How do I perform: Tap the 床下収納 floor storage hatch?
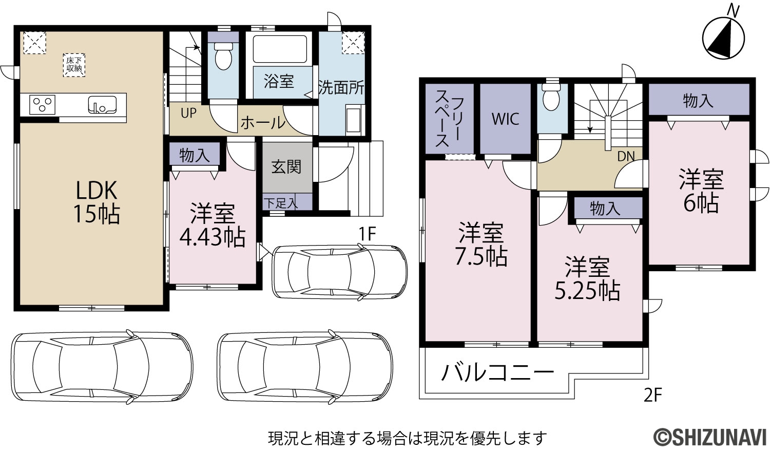tap(74, 65)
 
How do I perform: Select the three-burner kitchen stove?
tap(42, 104)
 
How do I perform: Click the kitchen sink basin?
tap(102, 105)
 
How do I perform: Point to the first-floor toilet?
tap(223, 55)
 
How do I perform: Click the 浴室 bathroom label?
tap(279, 82)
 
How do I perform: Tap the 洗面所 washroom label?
tap(341, 87)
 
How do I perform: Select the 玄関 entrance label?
tap(286, 167)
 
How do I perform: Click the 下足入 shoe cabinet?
tap(287, 202)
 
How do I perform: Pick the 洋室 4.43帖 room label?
tap(213, 225)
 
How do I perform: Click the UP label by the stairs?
tap(188, 113)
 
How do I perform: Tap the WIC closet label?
tap(505, 119)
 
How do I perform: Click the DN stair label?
tap(626, 157)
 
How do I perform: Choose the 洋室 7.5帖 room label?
tap(482, 245)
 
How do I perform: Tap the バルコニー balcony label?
tap(497, 372)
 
